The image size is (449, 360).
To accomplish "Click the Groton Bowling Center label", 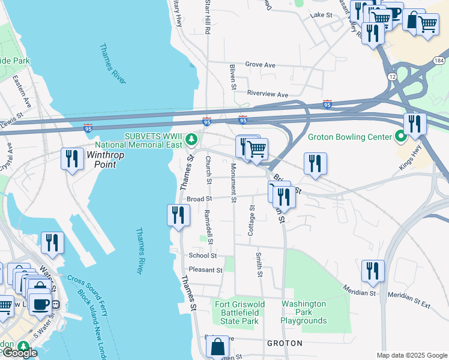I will tap(349, 137).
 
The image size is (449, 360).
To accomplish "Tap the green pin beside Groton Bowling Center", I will tap(401, 137).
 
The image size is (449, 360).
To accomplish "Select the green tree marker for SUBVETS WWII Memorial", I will tap(191, 140).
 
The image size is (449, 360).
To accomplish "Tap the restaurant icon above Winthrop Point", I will tap(71, 159).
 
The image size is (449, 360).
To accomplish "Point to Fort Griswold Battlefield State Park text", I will tap(237, 312).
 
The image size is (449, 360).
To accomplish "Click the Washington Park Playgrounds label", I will tap(304, 312).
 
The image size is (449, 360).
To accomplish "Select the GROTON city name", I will tap(284, 343).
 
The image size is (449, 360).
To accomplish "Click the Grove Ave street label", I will tap(260, 65).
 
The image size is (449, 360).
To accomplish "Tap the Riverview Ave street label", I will tap(268, 94).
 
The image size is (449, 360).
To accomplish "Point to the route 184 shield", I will tap(440, 61).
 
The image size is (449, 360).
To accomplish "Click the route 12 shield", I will tap(392, 77).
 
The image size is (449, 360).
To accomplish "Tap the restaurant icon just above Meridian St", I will tap(372, 271).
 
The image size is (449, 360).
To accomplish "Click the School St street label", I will tap(202, 255).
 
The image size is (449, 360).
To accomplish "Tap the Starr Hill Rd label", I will tap(207, 17).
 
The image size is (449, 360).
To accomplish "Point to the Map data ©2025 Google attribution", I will tap(411, 355).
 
